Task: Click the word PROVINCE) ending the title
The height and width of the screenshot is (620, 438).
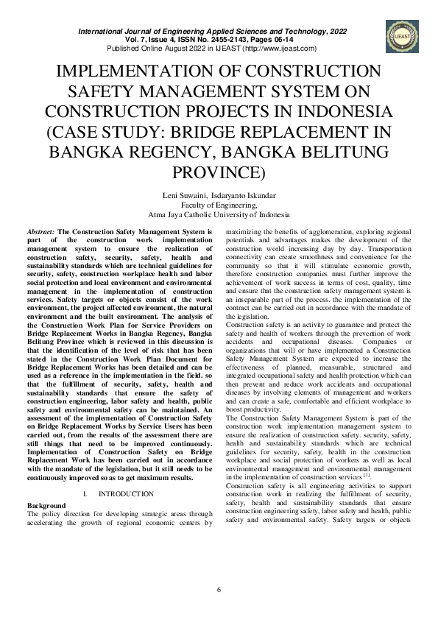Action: tap(218, 173)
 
